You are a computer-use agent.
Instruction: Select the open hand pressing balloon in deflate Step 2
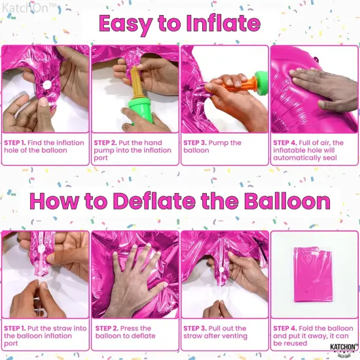tap(134, 274)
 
